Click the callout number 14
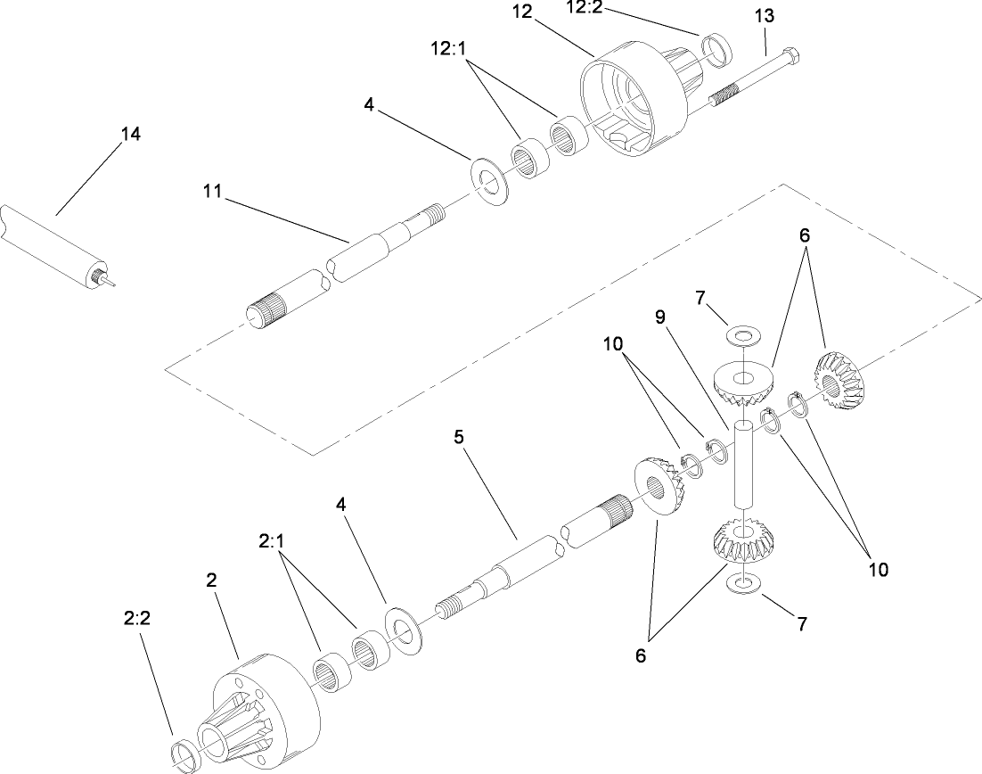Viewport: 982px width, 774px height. pyautogui.click(x=130, y=134)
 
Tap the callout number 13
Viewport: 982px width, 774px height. pyautogui.click(x=764, y=16)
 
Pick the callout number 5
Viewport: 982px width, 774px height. pyautogui.click(x=459, y=438)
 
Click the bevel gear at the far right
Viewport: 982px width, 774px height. pyautogui.click(x=839, y=382)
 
